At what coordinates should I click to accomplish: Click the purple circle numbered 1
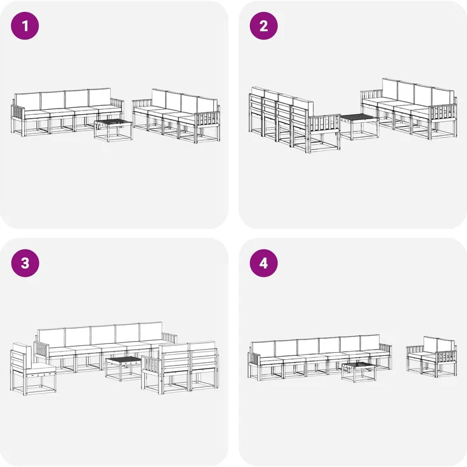click(x=25, y=26)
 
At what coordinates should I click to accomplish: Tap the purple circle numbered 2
click(x=263, y=26)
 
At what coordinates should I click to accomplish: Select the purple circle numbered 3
click(x=25, y=263)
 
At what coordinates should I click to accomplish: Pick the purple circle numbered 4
click(x=263, y=263)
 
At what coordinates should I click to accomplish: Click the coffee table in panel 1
click(x=113, y=130)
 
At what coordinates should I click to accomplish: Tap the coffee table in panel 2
click(x=360, y=126)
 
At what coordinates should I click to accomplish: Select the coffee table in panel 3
click(x=124, y=369)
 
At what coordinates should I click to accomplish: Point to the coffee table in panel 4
click(x=358, y=372)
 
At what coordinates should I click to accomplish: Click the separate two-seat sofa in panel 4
click(x=431, y=357)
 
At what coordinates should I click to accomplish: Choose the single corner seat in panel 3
click(x=33, y=369)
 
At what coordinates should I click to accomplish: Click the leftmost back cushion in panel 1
click(x=28, y=102)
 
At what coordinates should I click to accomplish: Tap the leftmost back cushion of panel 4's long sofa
click(x=263, y=349)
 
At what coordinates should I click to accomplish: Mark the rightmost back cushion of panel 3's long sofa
click(x=151, y=331)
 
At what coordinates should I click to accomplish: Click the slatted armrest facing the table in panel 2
click(x=325, y=124)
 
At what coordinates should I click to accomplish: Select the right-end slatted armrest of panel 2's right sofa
click(x=443, y=113)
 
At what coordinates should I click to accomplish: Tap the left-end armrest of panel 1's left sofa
click(x=18, y=114)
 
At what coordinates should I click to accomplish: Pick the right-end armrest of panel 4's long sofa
click(x=386, y=349)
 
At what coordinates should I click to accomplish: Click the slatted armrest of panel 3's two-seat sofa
click(x=152, y=365)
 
